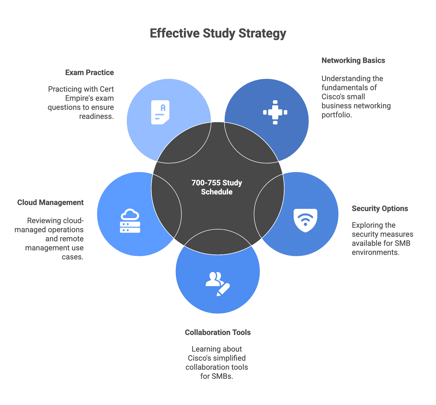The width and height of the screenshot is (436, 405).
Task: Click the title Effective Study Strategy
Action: tap(218, 33)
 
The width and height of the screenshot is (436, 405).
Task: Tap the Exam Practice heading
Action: tap(89, 73)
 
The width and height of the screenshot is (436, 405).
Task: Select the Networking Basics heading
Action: tap(353, 60)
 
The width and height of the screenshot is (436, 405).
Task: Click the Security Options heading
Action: tap(380, 209)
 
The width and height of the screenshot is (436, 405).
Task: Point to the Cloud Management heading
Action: tap(50, 202)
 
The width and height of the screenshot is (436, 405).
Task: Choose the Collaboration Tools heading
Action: tap(218, 332)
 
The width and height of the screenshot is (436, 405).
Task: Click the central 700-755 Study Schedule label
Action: tap(217, 187)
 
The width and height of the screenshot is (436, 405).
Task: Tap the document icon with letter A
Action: tap(160, 112)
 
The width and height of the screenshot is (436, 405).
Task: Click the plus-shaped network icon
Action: tap(275, 112)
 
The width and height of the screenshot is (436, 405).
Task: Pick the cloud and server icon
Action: tap(130, 221)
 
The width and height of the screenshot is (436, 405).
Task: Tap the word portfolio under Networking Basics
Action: tap(336, 115)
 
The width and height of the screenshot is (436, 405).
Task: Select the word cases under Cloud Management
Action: tap(72, 257)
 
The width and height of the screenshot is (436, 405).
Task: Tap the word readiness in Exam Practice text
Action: tap(96, 116)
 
